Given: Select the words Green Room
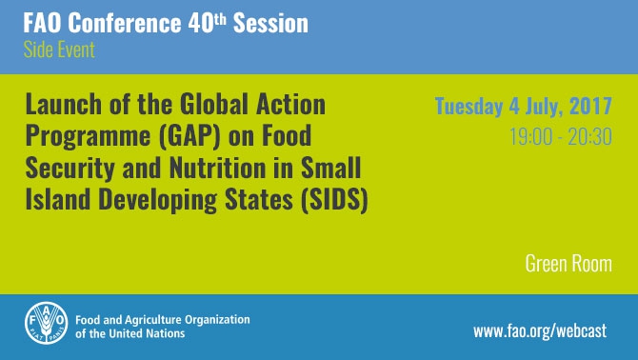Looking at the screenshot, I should click(568, 263).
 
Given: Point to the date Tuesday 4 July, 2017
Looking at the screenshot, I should click(523, 105).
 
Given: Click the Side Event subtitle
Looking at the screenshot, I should click(52, 50).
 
